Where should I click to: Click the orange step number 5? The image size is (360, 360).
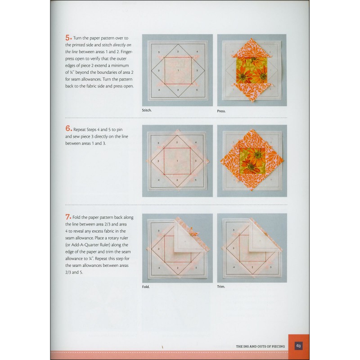[x=68, y=38]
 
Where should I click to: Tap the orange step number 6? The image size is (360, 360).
[x=68, y=128]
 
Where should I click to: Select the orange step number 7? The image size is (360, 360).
[x=68, y=217]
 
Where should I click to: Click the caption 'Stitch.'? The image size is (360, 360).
[x=147, y=110]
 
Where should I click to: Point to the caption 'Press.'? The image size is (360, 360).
[x=221, y=110]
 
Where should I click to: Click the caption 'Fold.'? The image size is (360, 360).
[x=146, y=287]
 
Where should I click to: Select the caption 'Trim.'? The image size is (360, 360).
[x=221, y=287]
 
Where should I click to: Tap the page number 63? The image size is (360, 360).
[x=298, y=346]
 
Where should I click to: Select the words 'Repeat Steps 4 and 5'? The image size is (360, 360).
[x=93, y=129]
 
